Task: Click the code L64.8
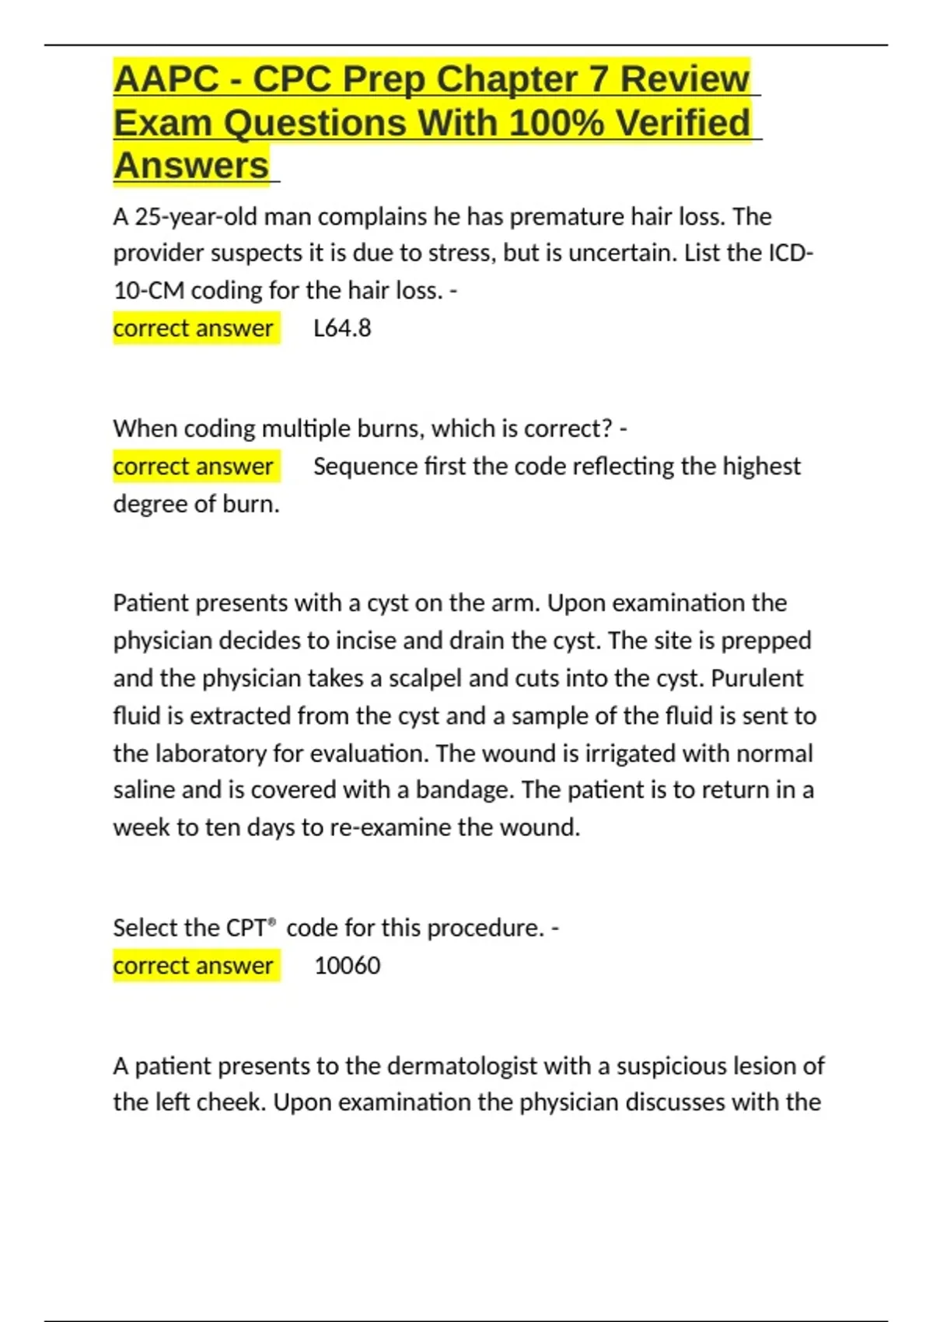pyautogui.click(x=342, y=328)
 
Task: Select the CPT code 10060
pyautogui.click(x=348, y=966)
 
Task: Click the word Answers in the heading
pyautogui.click(x=191, y=166)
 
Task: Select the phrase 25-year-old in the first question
pyautogui.click(x=197, y=216)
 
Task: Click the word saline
pyautogui.click(x=145, y=790)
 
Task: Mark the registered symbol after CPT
pyautogui.click(x=272, y=922)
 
